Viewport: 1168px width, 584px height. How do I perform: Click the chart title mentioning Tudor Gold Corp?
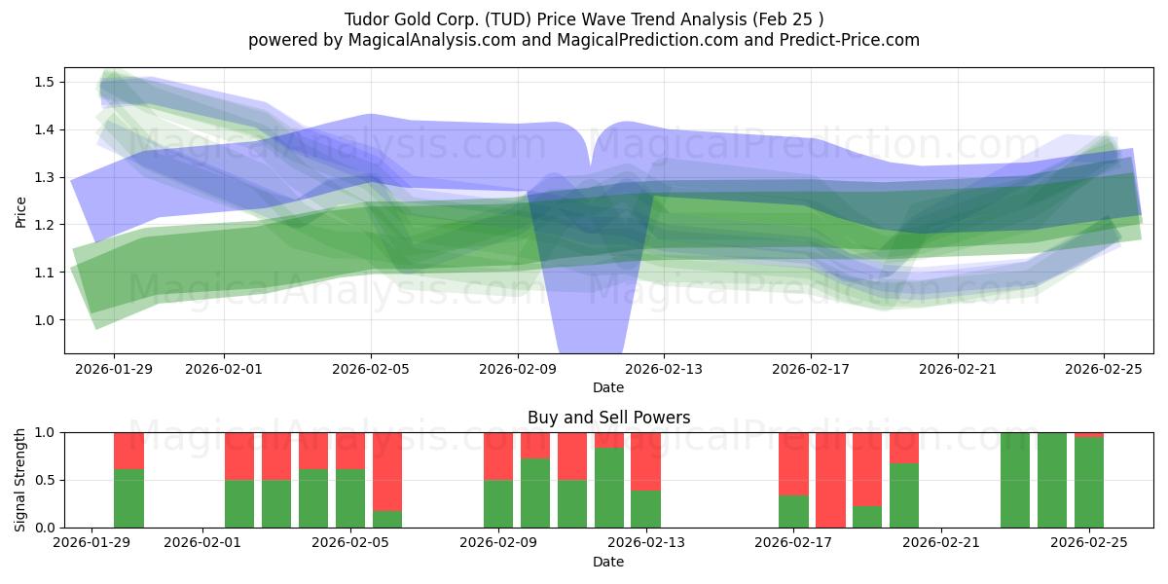(x=583, y=19)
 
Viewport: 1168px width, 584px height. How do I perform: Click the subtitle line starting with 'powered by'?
(x=583, y=40)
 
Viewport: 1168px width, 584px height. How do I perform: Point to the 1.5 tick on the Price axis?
(x=45, y=82)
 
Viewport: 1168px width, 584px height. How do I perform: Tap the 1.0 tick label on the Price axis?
(x=45, y=320)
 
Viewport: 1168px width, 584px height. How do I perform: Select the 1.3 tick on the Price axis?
(x=45, y=177)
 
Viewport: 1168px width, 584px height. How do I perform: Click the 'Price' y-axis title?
(x=20, y=210)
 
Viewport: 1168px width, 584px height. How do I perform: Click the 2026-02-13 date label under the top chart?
(x=664, y=369)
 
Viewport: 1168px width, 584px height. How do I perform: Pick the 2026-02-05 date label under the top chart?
(x=371, y=369)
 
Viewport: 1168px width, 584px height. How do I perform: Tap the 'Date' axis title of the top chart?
(x=608, y=387)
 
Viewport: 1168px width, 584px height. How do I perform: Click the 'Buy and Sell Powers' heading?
(x=608, y=418)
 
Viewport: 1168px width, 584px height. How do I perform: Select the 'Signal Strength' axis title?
(x=20, y=479)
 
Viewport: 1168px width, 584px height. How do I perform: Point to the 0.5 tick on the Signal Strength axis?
(x=45, y=480)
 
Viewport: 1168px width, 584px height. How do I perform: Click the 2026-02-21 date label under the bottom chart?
(x=942, y=542)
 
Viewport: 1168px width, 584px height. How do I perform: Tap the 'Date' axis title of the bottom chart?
(x=608, y=562)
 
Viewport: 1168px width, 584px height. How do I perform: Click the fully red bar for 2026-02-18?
(x=830, y=480)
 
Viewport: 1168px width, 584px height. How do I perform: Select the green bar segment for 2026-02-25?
(x=1089, y=483)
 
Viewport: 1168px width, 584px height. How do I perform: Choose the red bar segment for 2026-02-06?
(x=387, y=471)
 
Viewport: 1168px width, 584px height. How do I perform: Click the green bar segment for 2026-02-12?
(x=609, y=488)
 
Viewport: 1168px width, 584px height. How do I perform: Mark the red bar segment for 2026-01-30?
(x=128, y=451)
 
